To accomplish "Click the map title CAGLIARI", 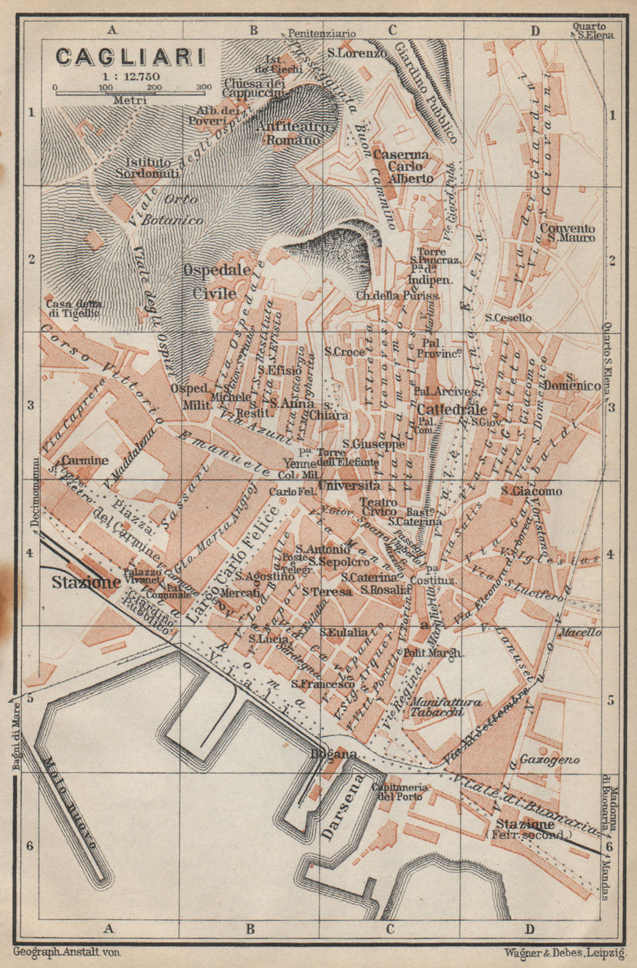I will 130,57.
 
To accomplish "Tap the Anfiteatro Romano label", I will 293,133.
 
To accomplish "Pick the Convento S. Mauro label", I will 568,233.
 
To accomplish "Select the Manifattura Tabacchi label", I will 446,707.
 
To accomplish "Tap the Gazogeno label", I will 549,760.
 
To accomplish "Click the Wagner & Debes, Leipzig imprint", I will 563,953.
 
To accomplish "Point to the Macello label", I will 580,633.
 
